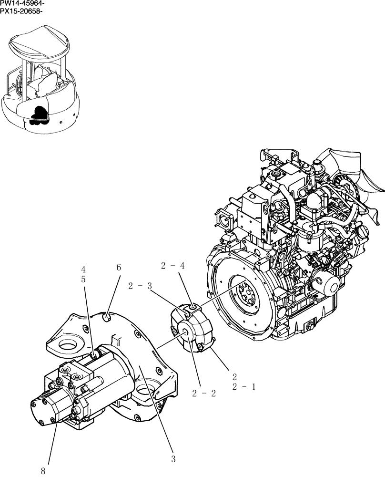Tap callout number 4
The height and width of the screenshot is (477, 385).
point(83,270)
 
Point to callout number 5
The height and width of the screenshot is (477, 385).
point(83,280)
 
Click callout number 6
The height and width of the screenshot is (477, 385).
point(119,269)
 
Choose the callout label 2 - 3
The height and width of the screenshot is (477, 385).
point(140,286)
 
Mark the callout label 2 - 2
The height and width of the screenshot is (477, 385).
point(204,394)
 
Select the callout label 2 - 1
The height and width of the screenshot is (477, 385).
point(244,387)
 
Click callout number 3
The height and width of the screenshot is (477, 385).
point(173,459)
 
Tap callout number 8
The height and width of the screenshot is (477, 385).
point(43,471)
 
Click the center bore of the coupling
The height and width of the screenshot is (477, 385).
point(184,332)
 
